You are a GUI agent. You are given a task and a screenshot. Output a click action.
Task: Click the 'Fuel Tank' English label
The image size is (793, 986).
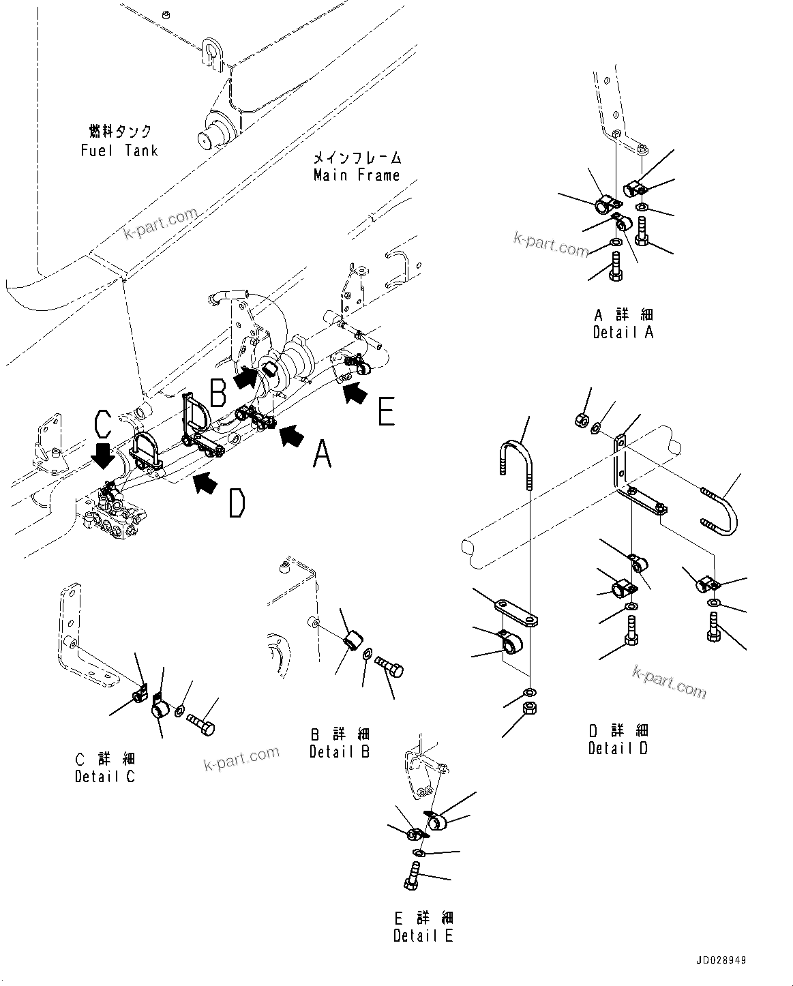(x=119, y=150)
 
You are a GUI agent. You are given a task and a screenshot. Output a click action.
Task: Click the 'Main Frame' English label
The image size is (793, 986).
(x=356, y=175)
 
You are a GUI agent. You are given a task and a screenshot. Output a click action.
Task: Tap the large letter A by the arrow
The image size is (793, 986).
(x=321, y=453)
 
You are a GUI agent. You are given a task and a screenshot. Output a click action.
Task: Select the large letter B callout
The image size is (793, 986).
(x=218, y=393)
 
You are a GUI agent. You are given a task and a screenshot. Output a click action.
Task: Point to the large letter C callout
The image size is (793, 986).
(x=102, y=423)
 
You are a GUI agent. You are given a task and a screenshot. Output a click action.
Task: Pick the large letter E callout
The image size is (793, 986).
(x=387, y=411)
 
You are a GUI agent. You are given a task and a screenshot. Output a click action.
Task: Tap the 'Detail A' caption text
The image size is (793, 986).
(x=623, y=332)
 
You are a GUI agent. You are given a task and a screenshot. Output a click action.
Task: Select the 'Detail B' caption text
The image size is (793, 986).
(x=339, y=752)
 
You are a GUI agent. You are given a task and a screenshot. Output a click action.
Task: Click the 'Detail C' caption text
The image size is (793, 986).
(x=105, y=776)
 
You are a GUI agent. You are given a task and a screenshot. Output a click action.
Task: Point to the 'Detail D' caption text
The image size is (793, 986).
(x=618, y=748)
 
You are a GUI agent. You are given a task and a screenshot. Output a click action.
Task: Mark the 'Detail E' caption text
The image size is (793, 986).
(x=423, y=936)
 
